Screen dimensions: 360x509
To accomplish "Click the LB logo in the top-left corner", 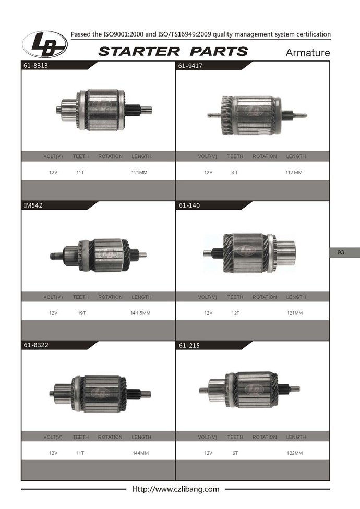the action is click(x=45, y=44).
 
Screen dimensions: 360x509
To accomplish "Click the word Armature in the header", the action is click(x=307, y=53).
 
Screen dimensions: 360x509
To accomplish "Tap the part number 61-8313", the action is click(x=35, y=65).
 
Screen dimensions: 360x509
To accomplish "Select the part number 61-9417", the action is click(x=190, y=66).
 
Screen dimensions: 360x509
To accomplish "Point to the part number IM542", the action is click(x=33, y=205).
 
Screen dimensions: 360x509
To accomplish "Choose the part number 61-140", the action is click(x=189, y=205).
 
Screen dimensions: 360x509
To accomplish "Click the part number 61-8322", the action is click(x=35, y=345).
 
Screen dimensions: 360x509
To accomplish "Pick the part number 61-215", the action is click(x=189, y=345).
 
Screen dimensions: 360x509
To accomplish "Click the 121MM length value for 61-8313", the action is click(x=139, y=173).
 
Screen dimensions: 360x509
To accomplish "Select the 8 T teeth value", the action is click(x=234, y=173).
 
